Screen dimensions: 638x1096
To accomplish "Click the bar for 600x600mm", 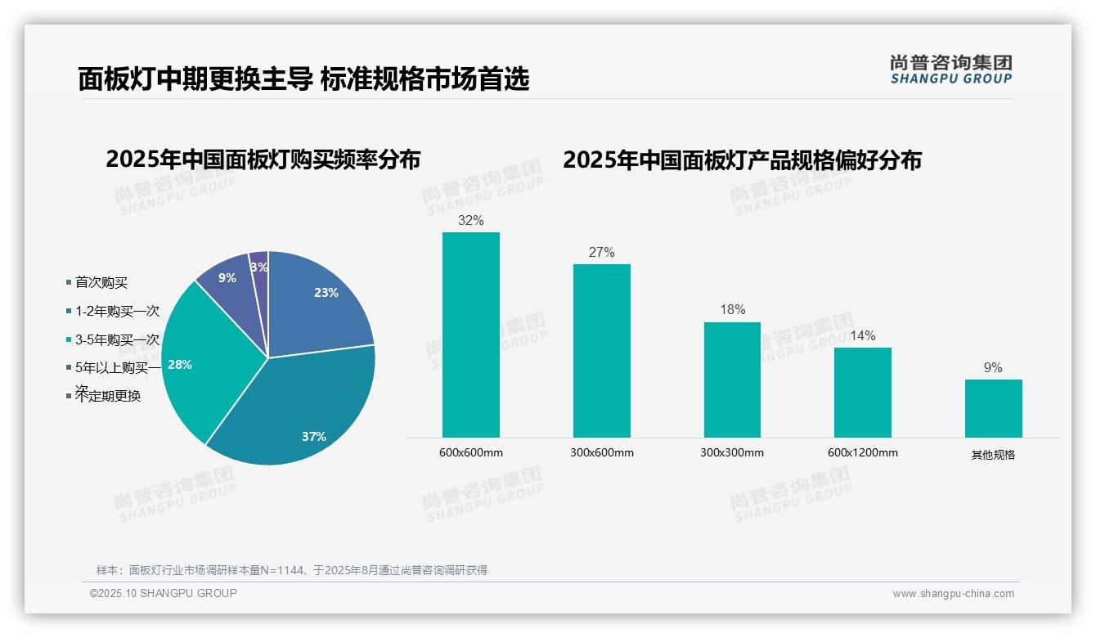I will pyautogui.click(x=470, y=335).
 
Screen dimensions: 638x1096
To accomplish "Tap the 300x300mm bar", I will pyautogui.click(x=732, y=380).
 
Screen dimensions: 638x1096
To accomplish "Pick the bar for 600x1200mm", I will pyautogui.click(x=863, y=392).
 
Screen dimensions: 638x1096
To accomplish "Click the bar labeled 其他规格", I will pyautogui.click(x=993, y=408).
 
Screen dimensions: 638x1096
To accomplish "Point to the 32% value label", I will pyautogui.click(x=470, y=221).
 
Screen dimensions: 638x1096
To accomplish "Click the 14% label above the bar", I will pyautogui.click(x=863, y=336).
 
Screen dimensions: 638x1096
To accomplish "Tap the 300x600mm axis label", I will pyautogui.click(x=601, y=452).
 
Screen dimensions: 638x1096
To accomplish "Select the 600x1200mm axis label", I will pyautogui.click(x=863, y=452).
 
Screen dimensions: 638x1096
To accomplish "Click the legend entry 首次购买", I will pyautogui.click(x=101, y=283).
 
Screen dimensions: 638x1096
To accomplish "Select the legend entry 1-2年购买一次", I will pyautogui.click(x=117, y=312).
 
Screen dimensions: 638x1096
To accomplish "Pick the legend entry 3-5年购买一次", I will pyautogui.click(x=117, y=340).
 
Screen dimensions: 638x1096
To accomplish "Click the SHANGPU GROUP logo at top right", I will pyautogui.click(x=951, y=70).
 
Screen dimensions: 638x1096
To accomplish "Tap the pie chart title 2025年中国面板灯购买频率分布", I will pyautogui.click(x=263, y=159).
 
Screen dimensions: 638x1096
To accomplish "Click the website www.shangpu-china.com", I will pyautogui.click(x=953, y=594).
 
